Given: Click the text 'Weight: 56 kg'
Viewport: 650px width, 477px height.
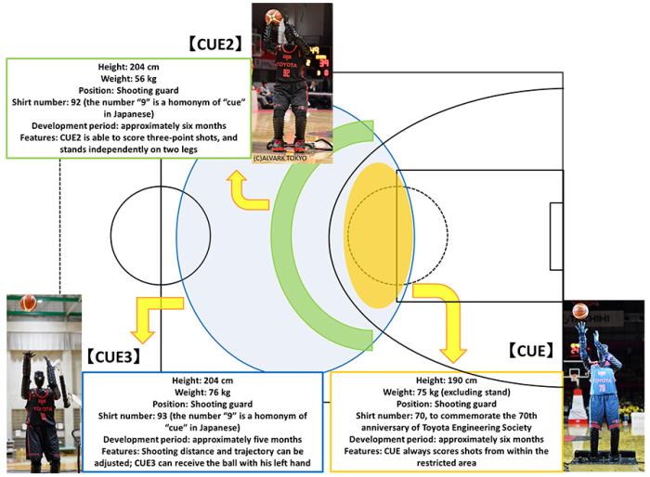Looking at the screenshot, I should click(x=129, y=81).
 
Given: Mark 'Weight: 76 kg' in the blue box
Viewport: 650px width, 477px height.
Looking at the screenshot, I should click(x=202, y=393).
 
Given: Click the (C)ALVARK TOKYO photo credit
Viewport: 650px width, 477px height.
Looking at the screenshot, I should click(x=280, y=158).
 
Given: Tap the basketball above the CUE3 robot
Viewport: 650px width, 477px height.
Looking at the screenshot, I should click(x=29, y=303).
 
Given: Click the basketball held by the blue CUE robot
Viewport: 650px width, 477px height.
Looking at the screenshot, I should click(x=580, y=311).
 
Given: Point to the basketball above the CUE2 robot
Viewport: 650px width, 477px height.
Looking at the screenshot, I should click(x=273, y=15).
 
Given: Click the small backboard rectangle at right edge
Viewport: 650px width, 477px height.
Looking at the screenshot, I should click(x=555, y=236).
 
